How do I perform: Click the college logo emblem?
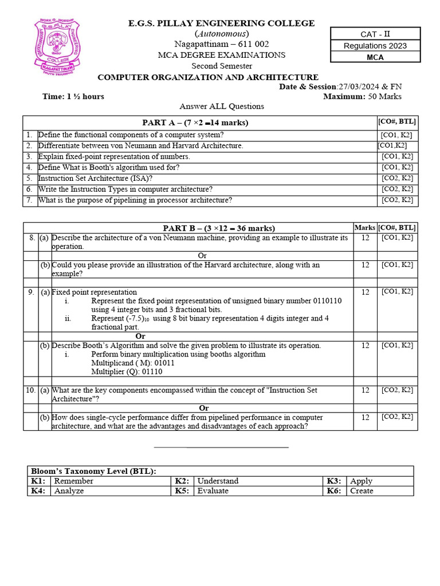57,47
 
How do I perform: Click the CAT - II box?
375,34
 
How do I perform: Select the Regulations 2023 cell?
375,46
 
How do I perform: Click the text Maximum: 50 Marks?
362,96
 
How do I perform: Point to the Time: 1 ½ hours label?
73,96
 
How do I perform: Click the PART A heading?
195,122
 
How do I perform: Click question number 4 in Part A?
28,167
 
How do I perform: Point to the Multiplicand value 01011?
163,363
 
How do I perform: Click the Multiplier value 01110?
151,371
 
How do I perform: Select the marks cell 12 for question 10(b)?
365,417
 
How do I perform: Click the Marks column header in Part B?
365,228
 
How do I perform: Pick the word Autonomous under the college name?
221,34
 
